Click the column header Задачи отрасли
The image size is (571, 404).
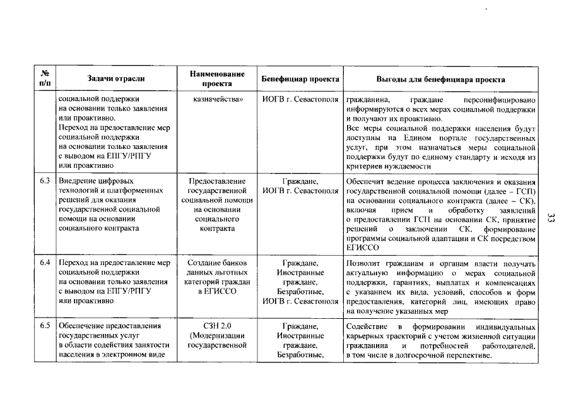point(116,78)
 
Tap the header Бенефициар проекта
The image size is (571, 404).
point(300,79)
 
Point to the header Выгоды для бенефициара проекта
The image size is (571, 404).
point(440,79)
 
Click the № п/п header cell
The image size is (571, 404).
point(45,78)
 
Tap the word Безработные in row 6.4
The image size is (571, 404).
point(300,292)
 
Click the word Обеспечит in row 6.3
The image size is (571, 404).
point(366,181)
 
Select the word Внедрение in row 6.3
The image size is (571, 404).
point(78,181)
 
